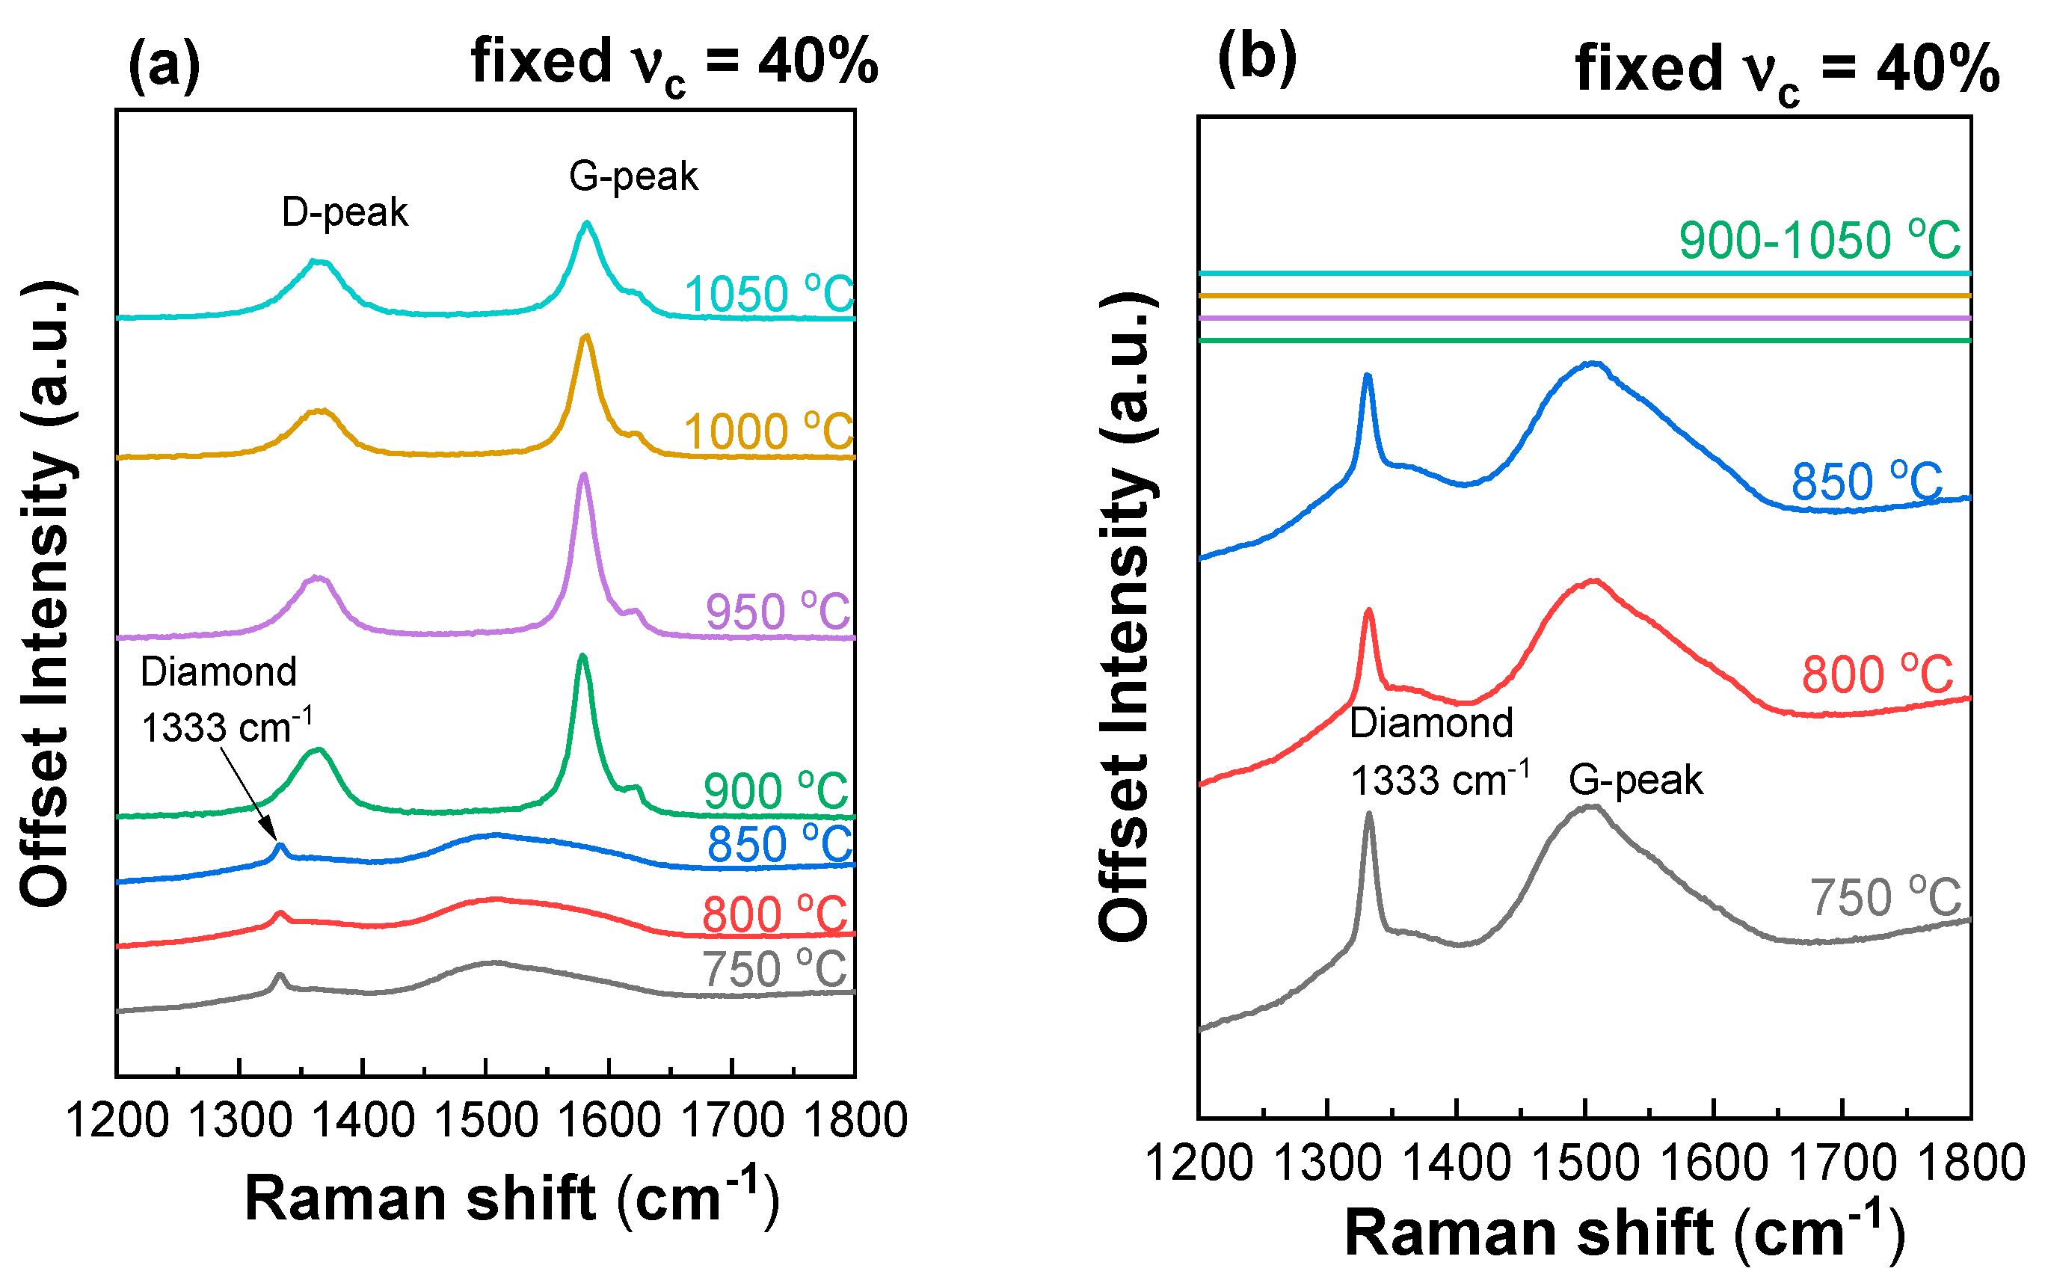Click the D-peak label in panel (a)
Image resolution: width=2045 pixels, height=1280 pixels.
[x=345, y=212]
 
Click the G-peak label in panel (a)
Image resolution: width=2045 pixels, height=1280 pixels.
[x=633, y=176]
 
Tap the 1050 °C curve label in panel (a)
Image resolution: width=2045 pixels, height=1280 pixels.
[x=769, y=295]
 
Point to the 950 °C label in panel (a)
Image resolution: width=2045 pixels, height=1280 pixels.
[x=778, y=612]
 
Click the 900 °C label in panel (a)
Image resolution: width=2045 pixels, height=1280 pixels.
[x=775, y=791]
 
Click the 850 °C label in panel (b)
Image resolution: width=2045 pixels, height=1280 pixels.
[x=1866, y=482]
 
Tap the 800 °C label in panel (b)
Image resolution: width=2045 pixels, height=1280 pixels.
[x=1877, y=674]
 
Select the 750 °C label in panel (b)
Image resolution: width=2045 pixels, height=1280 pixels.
[x=1884, y=897]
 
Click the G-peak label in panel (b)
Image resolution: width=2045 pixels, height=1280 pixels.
[x=1635, y=780]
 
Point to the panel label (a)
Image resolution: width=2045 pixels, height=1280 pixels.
[x=164, y=65]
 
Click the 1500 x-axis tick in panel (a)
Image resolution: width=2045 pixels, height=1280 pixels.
[x=486, y=1120]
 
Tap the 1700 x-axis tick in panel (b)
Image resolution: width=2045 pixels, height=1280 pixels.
[x=1842, y=1163]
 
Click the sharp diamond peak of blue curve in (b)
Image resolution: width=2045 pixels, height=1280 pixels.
[x=1367, y=377]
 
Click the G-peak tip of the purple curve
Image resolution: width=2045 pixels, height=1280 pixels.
[x=582, y=476]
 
